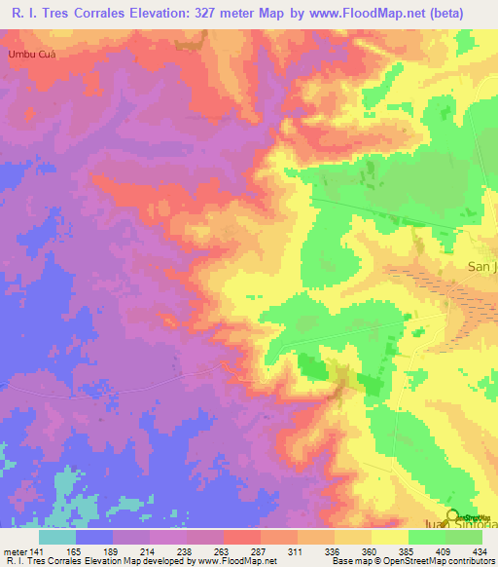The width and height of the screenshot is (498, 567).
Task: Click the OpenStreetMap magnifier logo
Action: point(452,515)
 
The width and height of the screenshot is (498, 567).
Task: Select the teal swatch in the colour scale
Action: point(57,536)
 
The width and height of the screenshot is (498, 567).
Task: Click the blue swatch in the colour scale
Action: point(94,536)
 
